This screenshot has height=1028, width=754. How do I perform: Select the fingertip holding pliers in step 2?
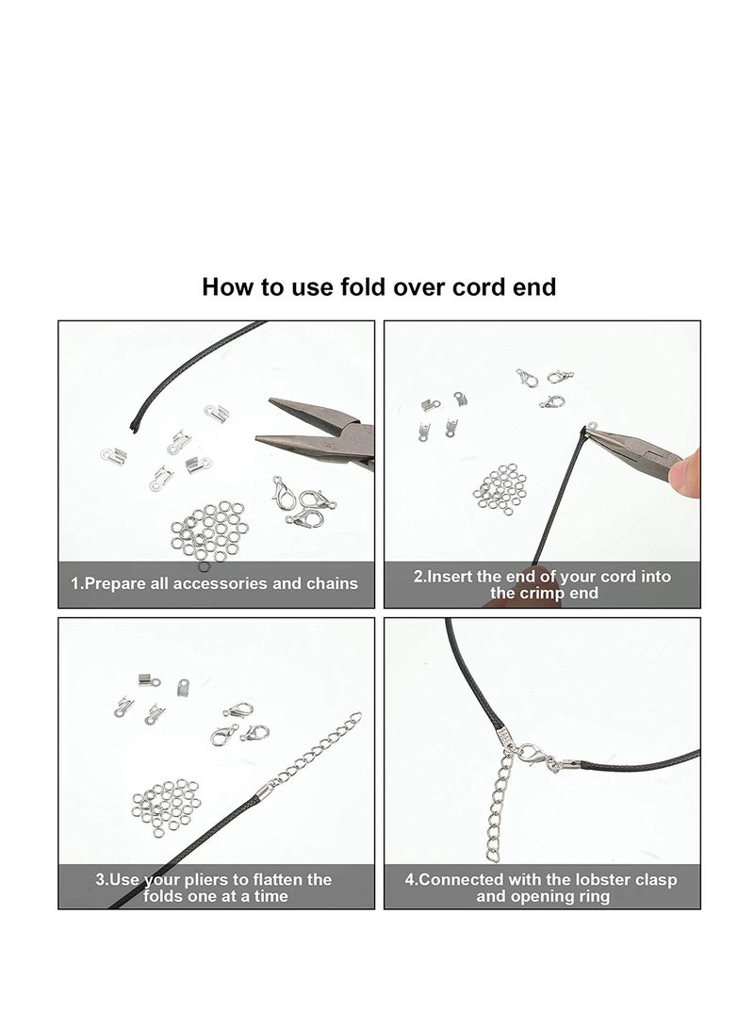tap(684, 472)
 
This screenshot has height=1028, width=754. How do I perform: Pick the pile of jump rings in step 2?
tap(500, 488)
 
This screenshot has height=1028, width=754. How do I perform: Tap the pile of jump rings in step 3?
tap(167, 808)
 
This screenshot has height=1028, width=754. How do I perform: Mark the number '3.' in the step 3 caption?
tap(102, 879)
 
